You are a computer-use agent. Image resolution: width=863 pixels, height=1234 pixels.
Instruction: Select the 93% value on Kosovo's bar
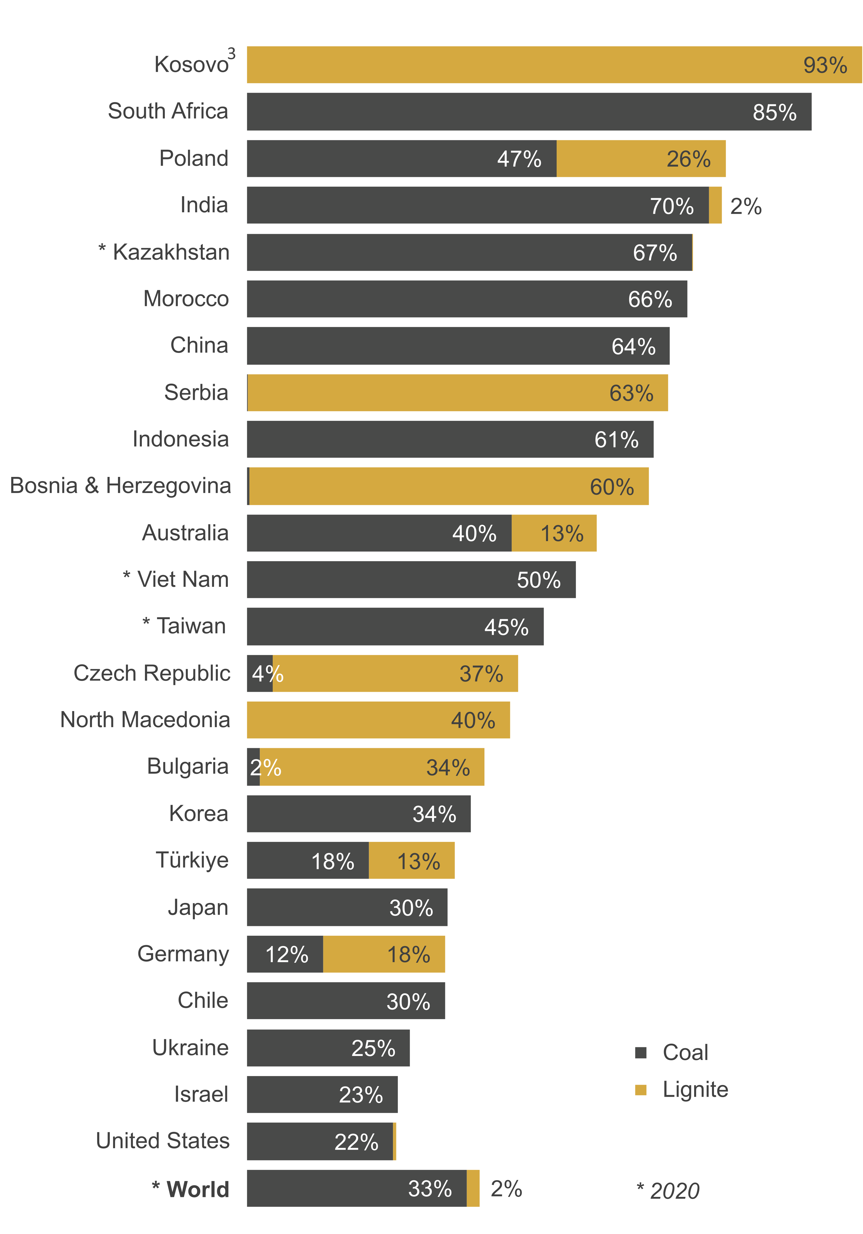click(825, 65)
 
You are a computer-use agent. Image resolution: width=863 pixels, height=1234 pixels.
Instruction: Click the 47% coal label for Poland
click(519, 159)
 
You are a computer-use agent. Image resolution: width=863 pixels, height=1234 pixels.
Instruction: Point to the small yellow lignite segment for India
click(715, 205)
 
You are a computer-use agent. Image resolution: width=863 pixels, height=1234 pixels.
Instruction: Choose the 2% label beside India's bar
click(746, 206)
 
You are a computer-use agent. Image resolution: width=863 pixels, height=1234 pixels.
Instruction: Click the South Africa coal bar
click(529, 112)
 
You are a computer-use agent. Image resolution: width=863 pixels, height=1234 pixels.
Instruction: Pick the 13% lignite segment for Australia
click(554, 533)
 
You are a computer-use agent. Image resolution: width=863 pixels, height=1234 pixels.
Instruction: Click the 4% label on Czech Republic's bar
click(267, 673)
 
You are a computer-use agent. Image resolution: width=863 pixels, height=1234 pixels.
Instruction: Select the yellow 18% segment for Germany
click(384, 954)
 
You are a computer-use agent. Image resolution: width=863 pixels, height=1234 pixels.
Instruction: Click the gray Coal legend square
click(641, 1052)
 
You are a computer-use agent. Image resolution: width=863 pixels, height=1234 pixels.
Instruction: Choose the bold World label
click(197, 1189)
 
